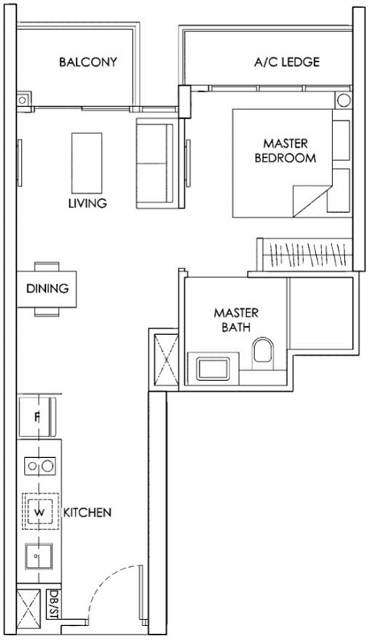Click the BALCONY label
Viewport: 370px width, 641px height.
pyautogui.click(x=88, y=62)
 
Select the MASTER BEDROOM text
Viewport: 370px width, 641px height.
pyautogui.click(x=284, y=151)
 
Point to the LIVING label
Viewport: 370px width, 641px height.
pyautogui.click(x=88, y=203)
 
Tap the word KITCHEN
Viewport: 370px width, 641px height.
pyautogui.click(x=88, y=512)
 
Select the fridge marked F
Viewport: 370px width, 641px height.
pyautogui.click(x=37, y=417)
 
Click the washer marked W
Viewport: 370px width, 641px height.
pyautogui.click(x=37, y=510)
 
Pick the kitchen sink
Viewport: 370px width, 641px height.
pyautogui.click(x=37, y=555)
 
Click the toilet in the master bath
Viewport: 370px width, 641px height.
pyautogui.click(x=262, y=351)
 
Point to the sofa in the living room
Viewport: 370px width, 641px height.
pyautogui.click(x=152, y=153)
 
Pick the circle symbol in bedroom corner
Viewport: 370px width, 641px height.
pyautogui.click(x=343, y=102)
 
